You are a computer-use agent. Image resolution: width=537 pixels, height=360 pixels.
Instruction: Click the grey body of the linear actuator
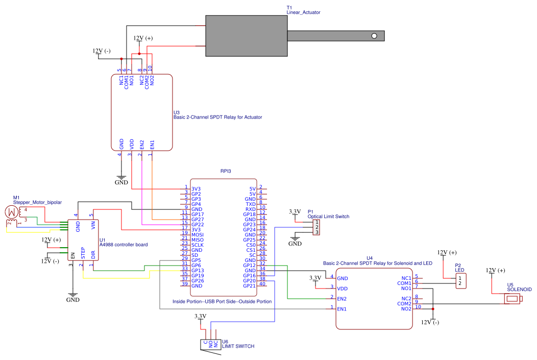246,35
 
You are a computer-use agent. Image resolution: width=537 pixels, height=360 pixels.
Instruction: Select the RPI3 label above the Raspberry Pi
226,172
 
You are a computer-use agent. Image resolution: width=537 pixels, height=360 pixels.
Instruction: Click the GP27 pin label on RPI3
198,219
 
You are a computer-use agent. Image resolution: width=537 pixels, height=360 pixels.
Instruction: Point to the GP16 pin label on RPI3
249,275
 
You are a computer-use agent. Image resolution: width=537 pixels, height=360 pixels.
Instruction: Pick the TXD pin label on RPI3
250,204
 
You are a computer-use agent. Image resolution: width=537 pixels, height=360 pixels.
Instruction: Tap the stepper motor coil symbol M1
11,211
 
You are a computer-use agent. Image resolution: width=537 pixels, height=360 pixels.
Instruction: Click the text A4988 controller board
124,245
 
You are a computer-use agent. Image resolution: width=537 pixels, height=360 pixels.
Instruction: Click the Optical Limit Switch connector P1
317,227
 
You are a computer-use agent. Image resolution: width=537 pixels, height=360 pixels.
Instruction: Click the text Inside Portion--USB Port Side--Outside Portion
222,302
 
